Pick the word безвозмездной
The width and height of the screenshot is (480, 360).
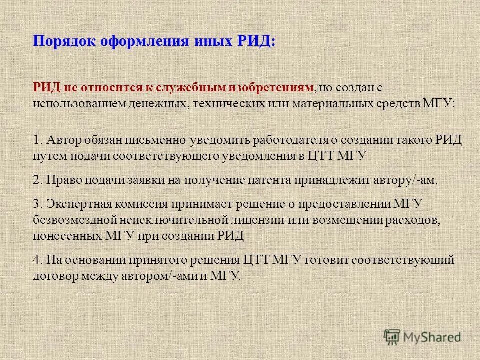pyautogui.click(x=76, y=220)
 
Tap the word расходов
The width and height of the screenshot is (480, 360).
pyautogui.click(x=404, y=220)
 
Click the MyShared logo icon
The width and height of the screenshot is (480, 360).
pyautogui.click(x=392, y=337)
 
